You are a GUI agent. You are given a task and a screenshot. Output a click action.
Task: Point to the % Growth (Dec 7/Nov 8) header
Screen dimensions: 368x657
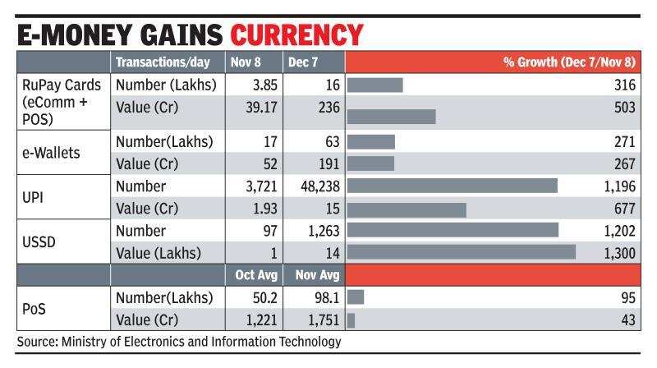point(564,62)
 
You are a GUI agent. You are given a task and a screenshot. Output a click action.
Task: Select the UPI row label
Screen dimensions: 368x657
point(33,197)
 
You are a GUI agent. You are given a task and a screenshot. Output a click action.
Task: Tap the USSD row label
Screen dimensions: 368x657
point(38,241)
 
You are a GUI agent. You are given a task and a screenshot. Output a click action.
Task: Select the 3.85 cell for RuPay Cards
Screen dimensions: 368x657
point(263,85)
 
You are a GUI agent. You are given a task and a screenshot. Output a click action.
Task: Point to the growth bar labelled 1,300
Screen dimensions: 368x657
point(462,252)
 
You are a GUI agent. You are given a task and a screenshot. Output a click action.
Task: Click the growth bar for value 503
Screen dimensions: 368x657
point(392,116)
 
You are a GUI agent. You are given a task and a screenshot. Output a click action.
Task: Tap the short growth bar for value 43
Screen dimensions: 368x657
point(351,320)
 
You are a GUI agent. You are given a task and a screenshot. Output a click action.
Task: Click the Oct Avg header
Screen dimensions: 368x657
point(255,275)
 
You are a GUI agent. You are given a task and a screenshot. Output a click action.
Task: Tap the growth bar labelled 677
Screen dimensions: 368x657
point(407,209)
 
